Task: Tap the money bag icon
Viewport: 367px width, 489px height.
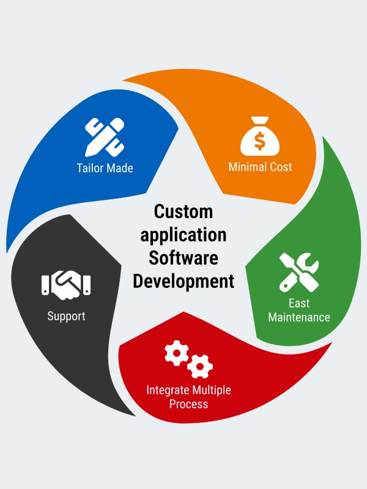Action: point(260,139)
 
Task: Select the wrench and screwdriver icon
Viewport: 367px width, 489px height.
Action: point(298,272)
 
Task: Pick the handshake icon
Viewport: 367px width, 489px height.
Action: point(66,285)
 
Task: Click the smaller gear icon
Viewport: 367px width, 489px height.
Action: point(199,367)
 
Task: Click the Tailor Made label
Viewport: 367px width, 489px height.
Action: point(105,167)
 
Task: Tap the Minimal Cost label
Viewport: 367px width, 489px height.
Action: point(260,167)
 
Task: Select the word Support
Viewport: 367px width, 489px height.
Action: point(66,316)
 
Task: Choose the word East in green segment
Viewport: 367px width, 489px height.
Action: point(298,303)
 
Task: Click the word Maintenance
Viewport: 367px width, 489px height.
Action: point(298,317)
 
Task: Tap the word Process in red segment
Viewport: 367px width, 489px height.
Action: point(188,404)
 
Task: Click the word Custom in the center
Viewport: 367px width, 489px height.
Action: point(183,211)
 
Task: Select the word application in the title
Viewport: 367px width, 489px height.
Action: point(183,235)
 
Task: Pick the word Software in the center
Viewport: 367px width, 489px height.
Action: point(183,257)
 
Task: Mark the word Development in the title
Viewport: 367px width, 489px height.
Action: point(183,281)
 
